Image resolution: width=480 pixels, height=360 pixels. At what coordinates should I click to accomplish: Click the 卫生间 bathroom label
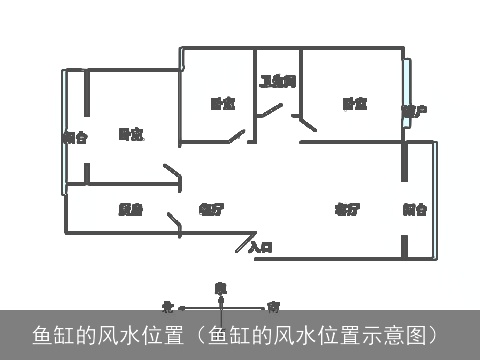(x=278, y=81)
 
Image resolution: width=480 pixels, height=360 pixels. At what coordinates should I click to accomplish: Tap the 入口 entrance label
(x=261, y=246)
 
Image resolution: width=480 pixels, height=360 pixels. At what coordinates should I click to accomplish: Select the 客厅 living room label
(x=347, y=209)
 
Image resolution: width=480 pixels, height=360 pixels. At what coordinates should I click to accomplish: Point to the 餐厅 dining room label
(x=211, y=209)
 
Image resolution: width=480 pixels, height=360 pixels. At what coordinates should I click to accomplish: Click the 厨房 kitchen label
(x=130, y=209)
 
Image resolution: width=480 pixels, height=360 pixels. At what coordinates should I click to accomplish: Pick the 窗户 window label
(x=415, y=110)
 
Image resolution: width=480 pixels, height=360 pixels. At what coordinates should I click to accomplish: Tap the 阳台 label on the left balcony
(x=74, y=137)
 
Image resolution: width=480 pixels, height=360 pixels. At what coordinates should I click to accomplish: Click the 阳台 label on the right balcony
(x=416, y=209)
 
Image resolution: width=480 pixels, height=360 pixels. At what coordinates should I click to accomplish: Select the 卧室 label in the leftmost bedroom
(x=130, y=133)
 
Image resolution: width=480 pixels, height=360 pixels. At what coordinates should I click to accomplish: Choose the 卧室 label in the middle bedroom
(x=222, y=103)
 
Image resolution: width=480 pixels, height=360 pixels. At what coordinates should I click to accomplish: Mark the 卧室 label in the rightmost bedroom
(x=354, y=103)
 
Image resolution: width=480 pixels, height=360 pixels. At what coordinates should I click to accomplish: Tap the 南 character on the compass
(x=273, y=306)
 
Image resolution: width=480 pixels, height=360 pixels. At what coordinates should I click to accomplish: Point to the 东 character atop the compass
(x=221, y=286)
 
